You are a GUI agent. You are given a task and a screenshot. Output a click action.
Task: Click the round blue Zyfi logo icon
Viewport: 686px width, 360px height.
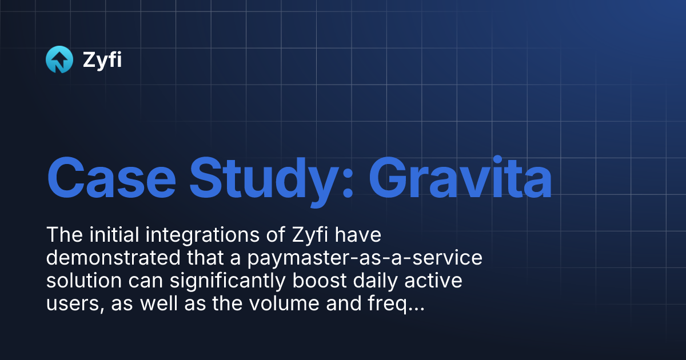click(x=59, y=60)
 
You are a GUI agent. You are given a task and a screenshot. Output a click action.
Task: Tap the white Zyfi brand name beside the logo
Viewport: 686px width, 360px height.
click(x=102, y=60)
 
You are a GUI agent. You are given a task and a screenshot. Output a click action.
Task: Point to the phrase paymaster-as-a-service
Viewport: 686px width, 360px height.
click(x=365, y=259)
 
